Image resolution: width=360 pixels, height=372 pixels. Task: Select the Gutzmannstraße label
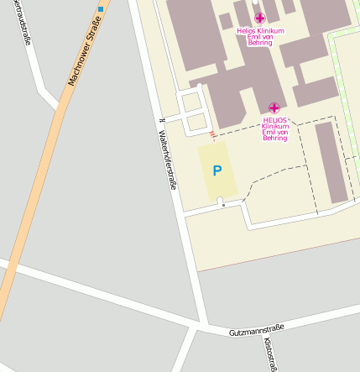(x=257, y=330)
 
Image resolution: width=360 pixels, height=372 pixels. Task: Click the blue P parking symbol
(x=217, y=170)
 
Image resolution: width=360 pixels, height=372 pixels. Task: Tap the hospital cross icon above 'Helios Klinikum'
(x=260, y=18)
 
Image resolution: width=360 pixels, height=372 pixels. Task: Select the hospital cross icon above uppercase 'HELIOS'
(x=274, y=107)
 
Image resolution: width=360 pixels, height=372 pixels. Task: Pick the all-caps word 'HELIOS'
(x=274, y=119)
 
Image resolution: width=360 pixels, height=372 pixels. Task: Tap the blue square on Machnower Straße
(x=101, y=9)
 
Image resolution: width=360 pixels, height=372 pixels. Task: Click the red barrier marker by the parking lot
(x=212, y=134)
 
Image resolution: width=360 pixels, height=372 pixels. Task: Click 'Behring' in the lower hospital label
(x=275, y=138)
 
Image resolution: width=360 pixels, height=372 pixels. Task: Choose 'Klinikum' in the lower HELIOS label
(x=275, y=126)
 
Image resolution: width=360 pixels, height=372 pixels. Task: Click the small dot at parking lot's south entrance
(x=223, y=204)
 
